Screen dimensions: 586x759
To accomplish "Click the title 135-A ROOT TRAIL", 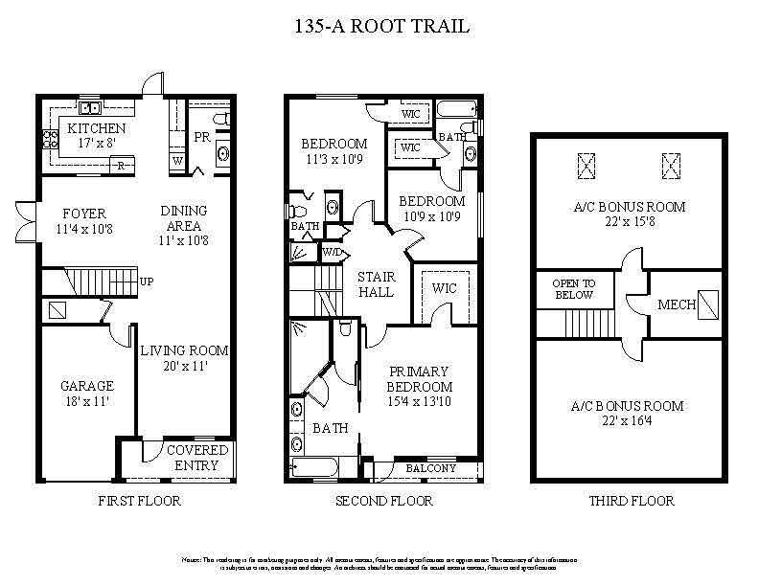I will (380, 26).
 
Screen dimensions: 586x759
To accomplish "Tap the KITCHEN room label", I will (96, 127).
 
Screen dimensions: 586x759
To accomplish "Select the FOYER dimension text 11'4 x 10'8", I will (84, 230).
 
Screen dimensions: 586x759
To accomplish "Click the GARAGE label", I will (87, 386).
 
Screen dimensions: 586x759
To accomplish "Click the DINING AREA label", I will (183, 218).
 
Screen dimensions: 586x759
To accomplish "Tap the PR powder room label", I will (201, 137).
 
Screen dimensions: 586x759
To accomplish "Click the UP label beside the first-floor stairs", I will (147, 282).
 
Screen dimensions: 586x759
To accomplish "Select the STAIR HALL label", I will (376, 284).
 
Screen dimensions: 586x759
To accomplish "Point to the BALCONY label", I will (431, 468).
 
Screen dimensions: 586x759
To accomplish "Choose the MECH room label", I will (676, 305).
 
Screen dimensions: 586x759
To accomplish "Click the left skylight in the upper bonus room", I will (586, 166).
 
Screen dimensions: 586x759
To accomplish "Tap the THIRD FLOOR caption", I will (631, 501).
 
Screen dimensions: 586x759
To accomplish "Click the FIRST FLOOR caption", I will (139, 501).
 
